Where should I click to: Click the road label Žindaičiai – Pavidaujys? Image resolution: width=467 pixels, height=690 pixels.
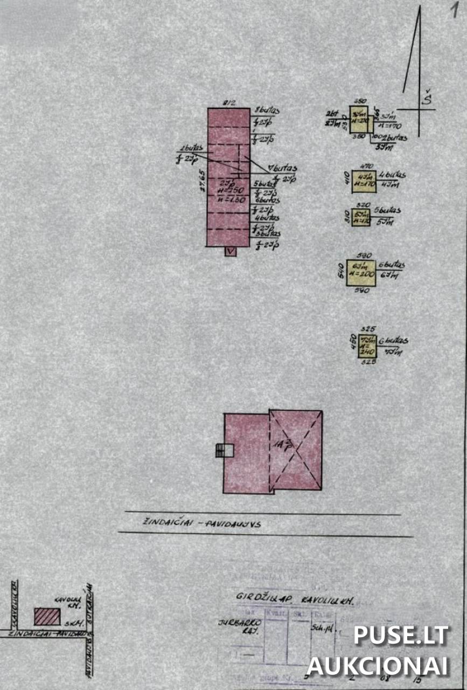coord(202,523)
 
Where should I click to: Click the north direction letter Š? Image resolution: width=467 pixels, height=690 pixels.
coord(427,99)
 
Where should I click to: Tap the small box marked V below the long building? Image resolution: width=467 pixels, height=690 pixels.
coord(231,251)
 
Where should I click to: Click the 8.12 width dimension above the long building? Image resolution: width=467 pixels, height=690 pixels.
coord(229,103)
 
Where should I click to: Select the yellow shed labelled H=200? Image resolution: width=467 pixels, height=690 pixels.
coord(361,273)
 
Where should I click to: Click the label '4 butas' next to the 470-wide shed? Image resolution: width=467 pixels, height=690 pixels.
coord(392,175)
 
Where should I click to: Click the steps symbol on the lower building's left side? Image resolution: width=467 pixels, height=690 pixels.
coord(221,450)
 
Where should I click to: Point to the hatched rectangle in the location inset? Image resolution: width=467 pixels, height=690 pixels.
coord(47,616)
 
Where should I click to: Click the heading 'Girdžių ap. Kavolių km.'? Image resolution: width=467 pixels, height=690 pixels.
coord(294,598)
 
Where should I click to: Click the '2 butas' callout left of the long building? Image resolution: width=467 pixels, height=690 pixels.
coord(191,149)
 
